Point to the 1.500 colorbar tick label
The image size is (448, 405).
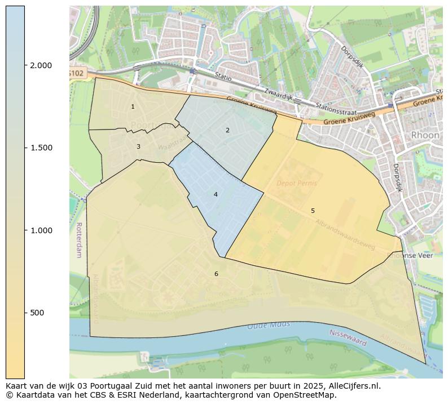click(x=41, y=148)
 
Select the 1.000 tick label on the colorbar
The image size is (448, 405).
click(x=41, y=230)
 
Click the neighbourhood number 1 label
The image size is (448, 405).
click(x=133, y=107)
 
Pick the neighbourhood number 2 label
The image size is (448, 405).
click(x=227, y=131)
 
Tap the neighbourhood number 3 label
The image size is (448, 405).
click(x=138, y=147)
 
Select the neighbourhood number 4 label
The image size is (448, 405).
click(x=216, y=195)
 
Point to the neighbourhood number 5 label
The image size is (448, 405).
click(x=313, y=211)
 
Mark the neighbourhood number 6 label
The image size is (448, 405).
click(x=216, y=274)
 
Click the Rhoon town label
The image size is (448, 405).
click(x=425, y=135)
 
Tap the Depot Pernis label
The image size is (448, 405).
click(x=296, y=184)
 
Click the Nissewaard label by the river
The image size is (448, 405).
click(x=348, y=338)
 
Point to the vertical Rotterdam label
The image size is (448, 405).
click(x=78, y=239)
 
